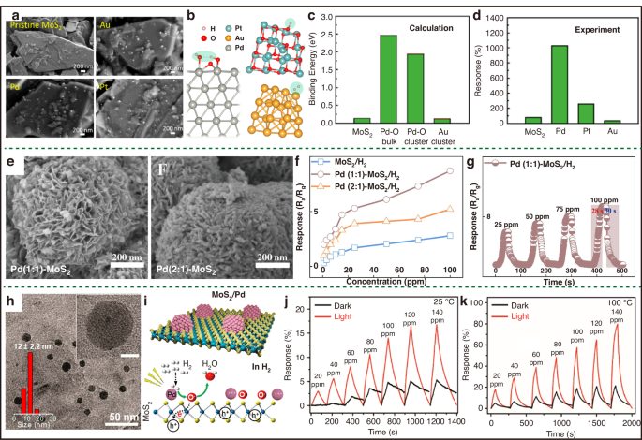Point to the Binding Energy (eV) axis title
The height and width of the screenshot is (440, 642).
coord(315,68)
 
